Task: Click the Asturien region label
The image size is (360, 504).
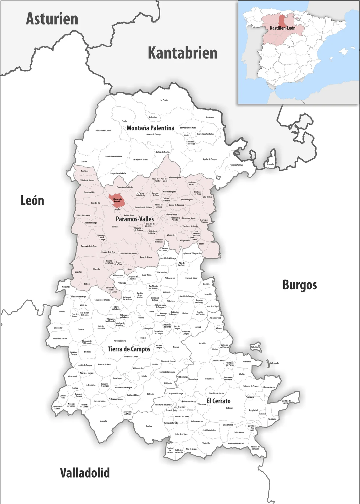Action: pos(52,19)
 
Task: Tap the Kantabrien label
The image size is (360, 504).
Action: pos(183,53)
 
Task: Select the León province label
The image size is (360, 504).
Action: pos(32,201)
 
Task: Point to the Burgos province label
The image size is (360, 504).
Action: pos(300,285)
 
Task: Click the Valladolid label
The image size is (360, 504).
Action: pos(85,473)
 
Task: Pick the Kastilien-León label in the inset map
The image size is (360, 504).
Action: pos(282,28)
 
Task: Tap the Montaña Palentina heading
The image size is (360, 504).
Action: pos(150,128)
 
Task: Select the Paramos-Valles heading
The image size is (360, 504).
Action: pos(135,219)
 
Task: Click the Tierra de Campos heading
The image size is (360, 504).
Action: pos(129,349)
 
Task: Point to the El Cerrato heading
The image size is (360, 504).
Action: pos(219,401)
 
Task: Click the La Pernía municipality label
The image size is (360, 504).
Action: pos(164,100)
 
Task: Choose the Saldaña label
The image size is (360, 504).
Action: pos(115,227)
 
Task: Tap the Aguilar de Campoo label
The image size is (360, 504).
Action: pos(210,159)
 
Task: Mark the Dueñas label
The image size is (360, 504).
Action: pos(149,426)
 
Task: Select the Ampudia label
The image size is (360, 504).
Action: pos(103,421)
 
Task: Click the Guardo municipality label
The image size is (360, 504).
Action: pos(84,162)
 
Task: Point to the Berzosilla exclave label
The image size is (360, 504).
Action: pos(270,164)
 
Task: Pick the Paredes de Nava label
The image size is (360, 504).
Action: pos(120,341)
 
